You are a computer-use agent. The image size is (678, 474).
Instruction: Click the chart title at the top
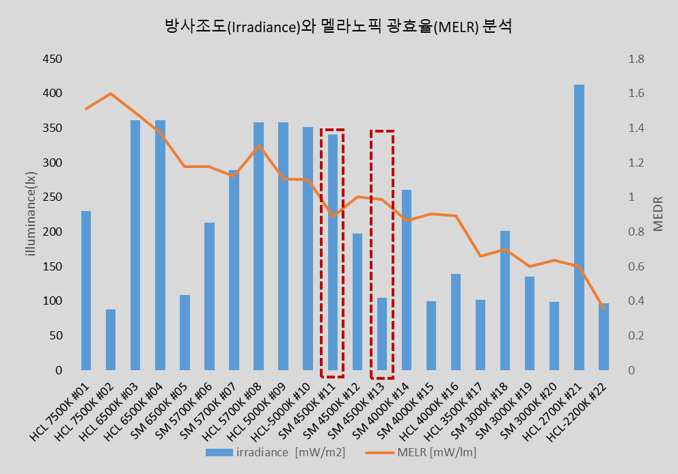pyautogui.click(x=338, y=27)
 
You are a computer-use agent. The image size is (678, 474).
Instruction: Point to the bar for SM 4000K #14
pyautogui.click(x=407, y=280)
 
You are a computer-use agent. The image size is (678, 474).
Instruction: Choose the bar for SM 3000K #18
pyautogui.click(x=505, y=301)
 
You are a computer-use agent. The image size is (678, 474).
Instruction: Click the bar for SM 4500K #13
pyautogui.click(x=382, y=334)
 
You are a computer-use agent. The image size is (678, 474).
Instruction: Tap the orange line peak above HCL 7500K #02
pyautogui.click(x=111, y=94)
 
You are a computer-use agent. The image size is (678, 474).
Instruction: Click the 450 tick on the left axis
pyautogui.click(x=53, y=59)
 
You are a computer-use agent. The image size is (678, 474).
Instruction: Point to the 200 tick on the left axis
pyautogui.click(x=53, y=232)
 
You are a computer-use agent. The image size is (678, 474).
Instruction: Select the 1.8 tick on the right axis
pyautogui.click(x=636, y=59)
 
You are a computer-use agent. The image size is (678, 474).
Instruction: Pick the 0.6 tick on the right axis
pyautogui.click(x=636, y=267)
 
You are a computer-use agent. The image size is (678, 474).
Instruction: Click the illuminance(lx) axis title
pyautogui.click(x=30, y=214)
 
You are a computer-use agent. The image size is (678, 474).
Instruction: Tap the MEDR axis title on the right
pyautogui.click(x=658, y=214)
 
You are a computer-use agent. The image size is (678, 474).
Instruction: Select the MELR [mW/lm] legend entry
pyautogui.click(x=424, y=452)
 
